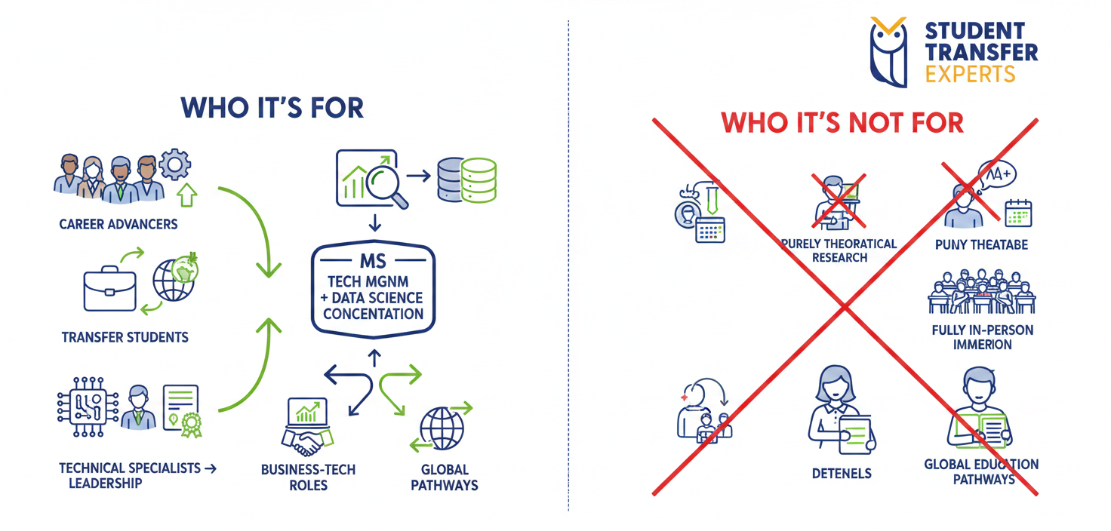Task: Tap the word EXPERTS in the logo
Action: [x=971, y=74]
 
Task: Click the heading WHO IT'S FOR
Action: [x=272, y=108]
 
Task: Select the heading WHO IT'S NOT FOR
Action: [x=842, y=122]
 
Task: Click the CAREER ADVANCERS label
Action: [x=118, y=224]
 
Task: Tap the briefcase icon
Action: [x=109, y=290]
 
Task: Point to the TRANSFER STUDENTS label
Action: [x=125, y=336]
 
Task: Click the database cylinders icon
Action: [x=467, y=180]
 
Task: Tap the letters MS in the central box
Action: [x=373, y=262]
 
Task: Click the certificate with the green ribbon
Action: [x=183, y=410]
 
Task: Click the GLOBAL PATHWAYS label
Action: [x=444, y=477]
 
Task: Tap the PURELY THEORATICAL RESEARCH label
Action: [x=839, y=250]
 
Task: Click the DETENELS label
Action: [x=842, y=474]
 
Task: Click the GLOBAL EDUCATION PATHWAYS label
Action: [x=981, y=471]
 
